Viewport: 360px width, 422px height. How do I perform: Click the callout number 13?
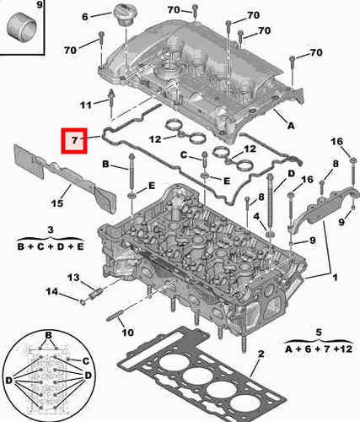point(73,278)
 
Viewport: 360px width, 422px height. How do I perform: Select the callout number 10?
point(128,333)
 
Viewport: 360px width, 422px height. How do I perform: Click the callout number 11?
point(83,105)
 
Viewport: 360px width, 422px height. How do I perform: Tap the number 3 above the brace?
point(51,230)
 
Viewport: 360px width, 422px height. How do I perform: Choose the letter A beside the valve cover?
point(292,127)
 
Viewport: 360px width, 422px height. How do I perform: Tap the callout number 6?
point(84,16)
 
